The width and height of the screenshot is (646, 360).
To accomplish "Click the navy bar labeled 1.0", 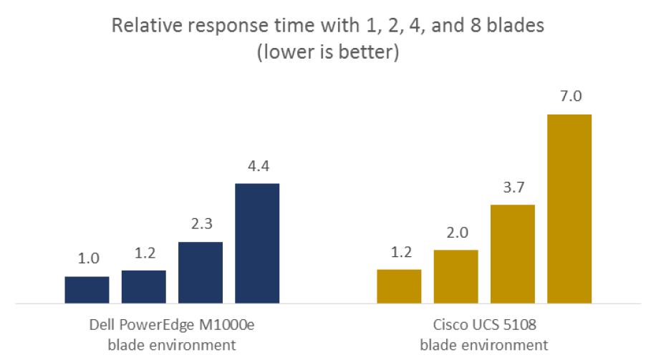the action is [87, 290].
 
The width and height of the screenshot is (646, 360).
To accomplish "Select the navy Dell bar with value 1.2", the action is [144, 287].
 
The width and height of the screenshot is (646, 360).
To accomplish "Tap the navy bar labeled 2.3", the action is [201, 273].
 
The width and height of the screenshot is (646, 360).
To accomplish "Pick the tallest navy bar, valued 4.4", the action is [257, 243].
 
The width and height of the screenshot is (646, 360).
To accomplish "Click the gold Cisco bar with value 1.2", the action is [399, 287].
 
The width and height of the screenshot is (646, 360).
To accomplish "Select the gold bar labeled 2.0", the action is [456, 277].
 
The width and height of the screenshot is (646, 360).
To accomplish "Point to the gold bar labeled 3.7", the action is [513, 254].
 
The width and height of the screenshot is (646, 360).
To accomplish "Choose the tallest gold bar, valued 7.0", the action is [569, 209].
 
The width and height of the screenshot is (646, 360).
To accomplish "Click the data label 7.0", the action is [571, 96].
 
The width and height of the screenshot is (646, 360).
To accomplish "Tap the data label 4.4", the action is [259, 166].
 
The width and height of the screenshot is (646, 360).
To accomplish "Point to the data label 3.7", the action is [514, 188].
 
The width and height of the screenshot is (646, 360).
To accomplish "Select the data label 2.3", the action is [201, 224].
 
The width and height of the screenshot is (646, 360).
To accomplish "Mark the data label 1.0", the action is [89, 258].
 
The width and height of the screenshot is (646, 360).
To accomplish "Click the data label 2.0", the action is [458, 233].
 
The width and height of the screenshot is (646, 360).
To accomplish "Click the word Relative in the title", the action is [147, 26].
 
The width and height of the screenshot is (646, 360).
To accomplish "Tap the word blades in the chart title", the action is [516, 26].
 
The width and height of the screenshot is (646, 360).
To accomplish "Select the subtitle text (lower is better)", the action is [328, 52].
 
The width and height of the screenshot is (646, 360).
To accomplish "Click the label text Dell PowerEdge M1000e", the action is [172, 325].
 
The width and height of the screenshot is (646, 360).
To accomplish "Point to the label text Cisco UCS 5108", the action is [484, 325].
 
